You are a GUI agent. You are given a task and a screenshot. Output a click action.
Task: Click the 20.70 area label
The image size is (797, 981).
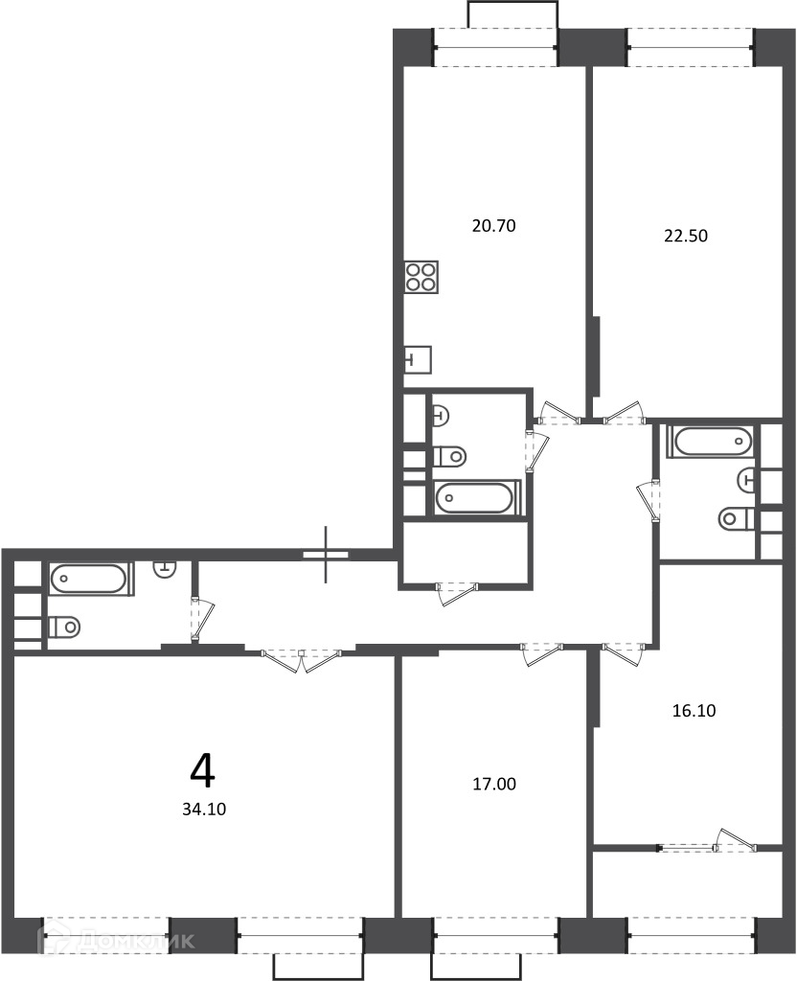point(493,226)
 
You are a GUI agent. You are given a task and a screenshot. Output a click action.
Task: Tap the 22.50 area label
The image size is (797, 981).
point(686,236)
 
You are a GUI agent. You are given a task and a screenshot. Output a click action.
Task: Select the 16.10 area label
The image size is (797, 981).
point(694,711)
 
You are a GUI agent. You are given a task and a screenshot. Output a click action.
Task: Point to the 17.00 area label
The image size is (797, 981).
point(493,784)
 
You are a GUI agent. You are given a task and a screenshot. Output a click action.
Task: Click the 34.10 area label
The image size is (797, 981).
point(204,809)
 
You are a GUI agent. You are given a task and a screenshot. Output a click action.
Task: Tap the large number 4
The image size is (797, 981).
point(203,771)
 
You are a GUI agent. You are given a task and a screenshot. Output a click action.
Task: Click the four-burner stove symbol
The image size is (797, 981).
point(421,277)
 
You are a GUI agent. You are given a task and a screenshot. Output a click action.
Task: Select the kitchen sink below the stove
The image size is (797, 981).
point(418,360)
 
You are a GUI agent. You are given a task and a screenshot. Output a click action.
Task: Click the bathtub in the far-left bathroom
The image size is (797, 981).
point(91,579)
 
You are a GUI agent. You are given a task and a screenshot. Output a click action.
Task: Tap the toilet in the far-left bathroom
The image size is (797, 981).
point(64,626)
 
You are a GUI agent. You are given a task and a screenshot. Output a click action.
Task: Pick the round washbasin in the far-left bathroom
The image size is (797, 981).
point(165,568)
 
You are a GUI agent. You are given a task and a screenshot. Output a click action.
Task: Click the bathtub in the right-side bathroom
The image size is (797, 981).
point(710,442)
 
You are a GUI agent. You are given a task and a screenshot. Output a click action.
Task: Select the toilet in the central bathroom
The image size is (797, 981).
point(450,456)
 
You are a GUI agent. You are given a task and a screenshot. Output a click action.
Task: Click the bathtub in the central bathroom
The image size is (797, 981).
point(477,498)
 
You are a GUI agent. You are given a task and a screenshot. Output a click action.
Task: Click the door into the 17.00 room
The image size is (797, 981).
point(542,653)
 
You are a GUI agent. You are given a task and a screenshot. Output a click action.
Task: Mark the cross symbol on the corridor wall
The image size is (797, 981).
point(326,555)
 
